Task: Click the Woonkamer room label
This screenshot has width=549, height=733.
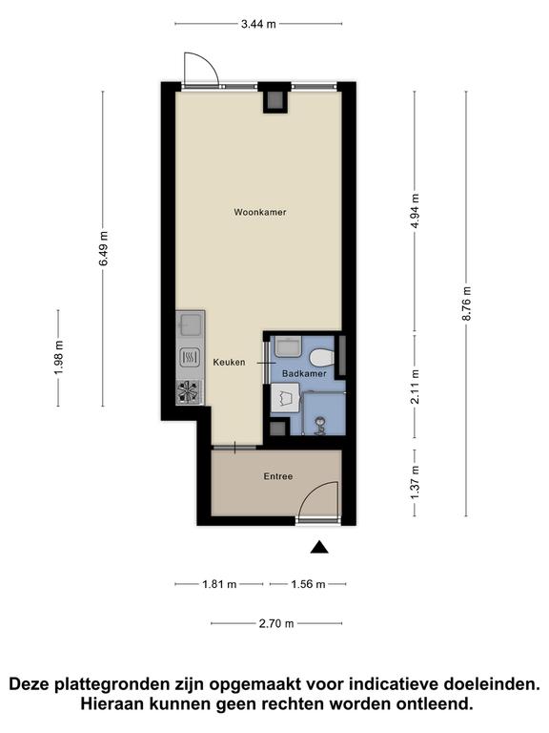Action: [x=259, y=212]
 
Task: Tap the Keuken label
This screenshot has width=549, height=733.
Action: [x=229, y=363]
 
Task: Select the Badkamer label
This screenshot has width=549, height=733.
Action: [x=304, y=374]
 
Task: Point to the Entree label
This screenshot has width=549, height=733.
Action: [x=278, y=476]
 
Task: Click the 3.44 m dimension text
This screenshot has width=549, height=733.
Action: [x=258, y=24]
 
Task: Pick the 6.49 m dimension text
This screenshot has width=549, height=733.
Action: [x=103, y=248]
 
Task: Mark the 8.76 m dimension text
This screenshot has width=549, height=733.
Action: [x=466, y=303]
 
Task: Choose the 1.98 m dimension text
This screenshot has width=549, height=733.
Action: [x=58, y=358]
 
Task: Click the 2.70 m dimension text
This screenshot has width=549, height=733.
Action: [x=276, y=623]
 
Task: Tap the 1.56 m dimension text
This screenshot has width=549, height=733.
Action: [x=308, y=584]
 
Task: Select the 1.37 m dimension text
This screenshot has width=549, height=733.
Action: [x=415, y=482]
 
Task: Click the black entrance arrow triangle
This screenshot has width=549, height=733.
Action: [x=319, y=547]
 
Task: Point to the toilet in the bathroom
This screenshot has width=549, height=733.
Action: [x=322, y=358]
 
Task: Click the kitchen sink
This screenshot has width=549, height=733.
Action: [x=190, y=325]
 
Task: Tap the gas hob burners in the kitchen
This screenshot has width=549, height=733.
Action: [x=190, y=391]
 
